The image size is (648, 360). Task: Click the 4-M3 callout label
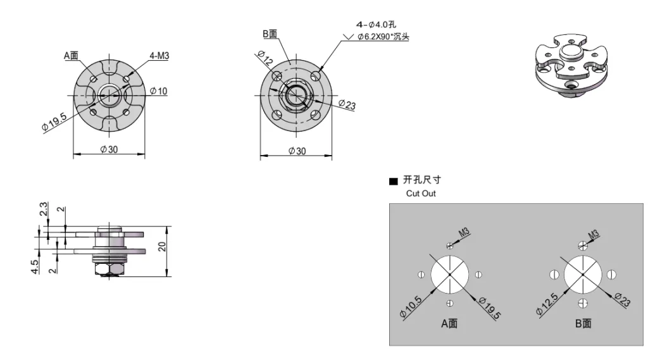159,56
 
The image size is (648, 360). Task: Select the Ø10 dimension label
159,91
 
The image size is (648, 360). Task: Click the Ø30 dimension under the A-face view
109,149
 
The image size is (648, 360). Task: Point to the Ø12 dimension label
265,58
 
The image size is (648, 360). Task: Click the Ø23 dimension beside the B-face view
347,104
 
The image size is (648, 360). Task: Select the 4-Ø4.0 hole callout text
376,25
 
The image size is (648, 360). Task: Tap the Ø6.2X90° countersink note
383,37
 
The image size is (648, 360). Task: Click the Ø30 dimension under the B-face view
297,151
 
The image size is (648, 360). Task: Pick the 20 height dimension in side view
162,247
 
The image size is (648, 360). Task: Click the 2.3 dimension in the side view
44,209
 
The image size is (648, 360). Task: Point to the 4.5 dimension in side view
35,266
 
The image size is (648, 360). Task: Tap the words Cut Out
421,194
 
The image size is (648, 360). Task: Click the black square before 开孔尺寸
394,181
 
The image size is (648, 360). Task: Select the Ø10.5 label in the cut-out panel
411,307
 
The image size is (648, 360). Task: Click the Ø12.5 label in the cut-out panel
547,304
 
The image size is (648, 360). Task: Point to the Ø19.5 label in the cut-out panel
490,308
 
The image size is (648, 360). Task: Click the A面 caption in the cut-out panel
449,323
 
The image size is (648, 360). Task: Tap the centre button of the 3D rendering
571,53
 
